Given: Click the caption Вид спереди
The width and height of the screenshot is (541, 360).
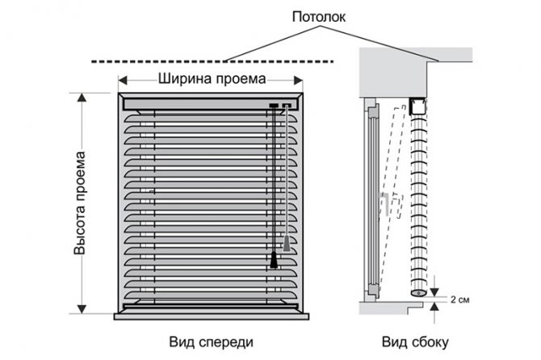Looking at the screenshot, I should (x=212, y=341).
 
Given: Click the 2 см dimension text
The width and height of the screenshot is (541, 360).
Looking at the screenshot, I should (x=457, y=299).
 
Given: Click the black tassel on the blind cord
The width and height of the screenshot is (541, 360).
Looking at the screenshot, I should (x=275, y=260).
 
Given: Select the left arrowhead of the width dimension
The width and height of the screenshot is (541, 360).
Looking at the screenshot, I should (x=124, y=80).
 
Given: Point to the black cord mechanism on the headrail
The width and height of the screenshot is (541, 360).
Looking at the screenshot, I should (x=275, y=105).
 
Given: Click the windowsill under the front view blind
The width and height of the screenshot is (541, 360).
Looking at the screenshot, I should (x=212, y=315).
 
